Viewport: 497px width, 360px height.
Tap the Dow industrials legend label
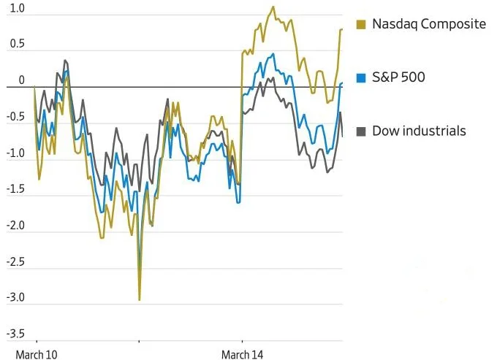pyautogui.click(x=419, y=131)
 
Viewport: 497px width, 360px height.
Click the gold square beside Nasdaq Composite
pyautogui.click(x=361, y=25)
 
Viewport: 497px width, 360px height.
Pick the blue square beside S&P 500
pyautogui.click(x=361, y=77)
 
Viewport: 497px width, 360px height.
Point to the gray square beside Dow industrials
pyautogui.click(x=361, y=131)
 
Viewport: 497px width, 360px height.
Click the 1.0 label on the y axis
pyautogui.click(x=16, y=9)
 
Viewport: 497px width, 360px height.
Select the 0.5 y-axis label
pyautogui.click(x=16, y=45)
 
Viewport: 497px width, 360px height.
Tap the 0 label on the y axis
pyautogui.click(x=21, y=80)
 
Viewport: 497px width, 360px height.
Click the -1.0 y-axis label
pyautogui.click(x=15, y=153)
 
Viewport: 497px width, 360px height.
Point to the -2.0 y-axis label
pyautogui.click(x=15, y=226)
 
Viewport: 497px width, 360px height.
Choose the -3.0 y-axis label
pyautogui.click(x=15, y=298)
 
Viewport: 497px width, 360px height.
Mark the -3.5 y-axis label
pyautogui.click(x=15, y=334)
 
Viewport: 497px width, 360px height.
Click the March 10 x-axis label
pyautogui.click(x=36, y=355)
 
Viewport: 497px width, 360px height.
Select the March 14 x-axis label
pyautogui.click(x=242, y=355)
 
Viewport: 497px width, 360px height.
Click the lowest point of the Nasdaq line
pyautogui.click(x=139, y=299)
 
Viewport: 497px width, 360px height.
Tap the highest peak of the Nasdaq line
pyautogui.click(x=273, y=7)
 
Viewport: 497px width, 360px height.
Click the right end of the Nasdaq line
pyautogui.click(x=342, y=29)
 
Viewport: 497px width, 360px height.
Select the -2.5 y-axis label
pyautogui.click(x=15, y=262)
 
